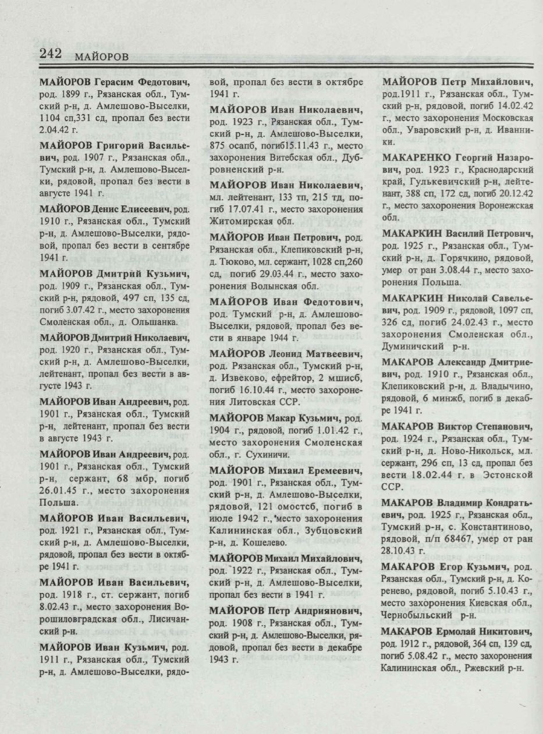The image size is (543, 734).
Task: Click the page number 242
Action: [51, 53]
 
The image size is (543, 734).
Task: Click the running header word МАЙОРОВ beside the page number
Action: [101, 56]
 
